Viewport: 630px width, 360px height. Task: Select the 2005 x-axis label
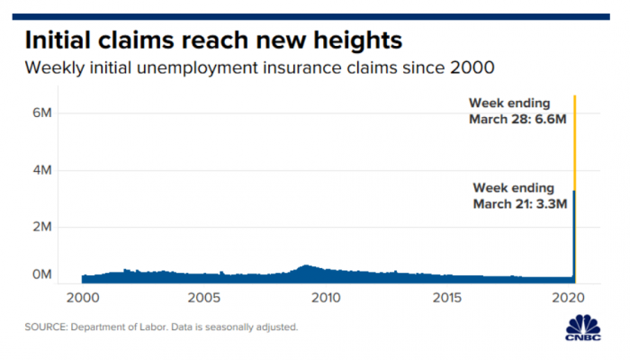[x=204, y=298]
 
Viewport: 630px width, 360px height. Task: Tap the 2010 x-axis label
[x=326, y=298]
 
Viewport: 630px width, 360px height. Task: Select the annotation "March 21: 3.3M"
[x=521, y=204]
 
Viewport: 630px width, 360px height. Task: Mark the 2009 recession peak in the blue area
[x=306, y=267]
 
